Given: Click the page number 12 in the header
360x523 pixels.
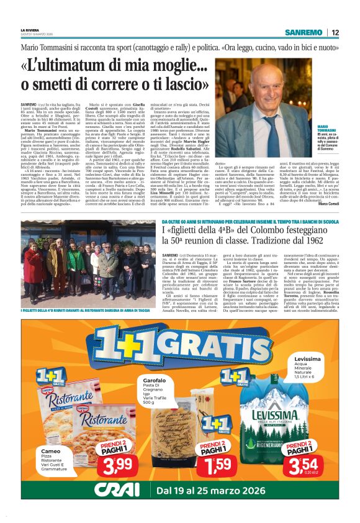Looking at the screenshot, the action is click(335, 32).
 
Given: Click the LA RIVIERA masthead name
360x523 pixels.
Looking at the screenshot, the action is click(29, 30).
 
